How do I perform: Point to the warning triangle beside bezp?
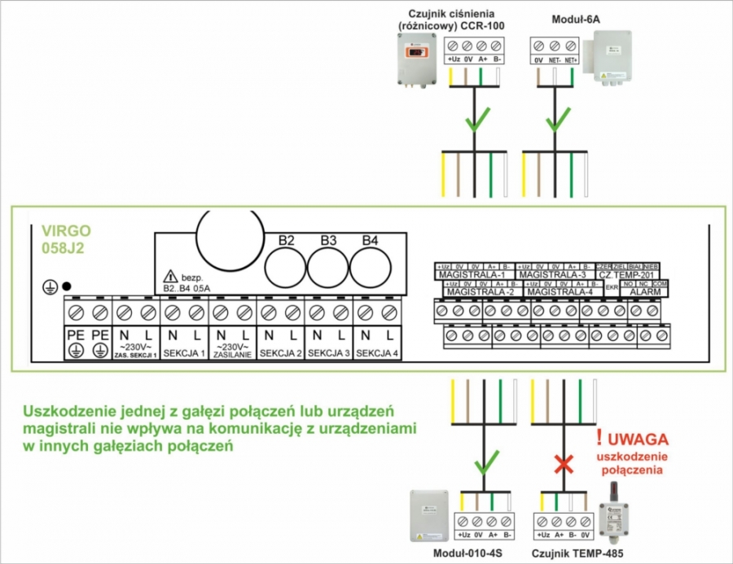tap(170, 276)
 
